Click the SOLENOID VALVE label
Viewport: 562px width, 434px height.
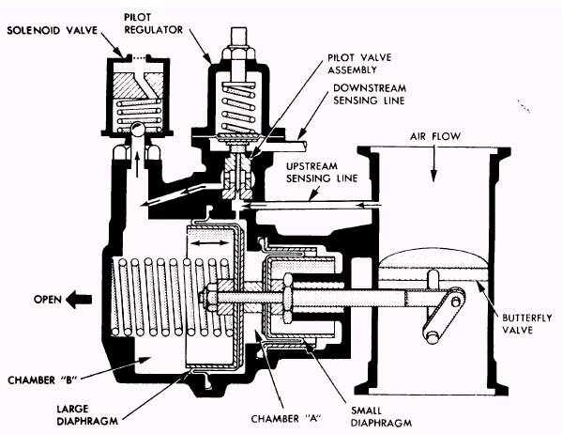(53, 30)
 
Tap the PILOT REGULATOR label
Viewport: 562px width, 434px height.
(154, 23)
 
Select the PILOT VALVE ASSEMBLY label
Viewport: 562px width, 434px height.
(359, 64)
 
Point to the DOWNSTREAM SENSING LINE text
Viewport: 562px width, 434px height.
(370, 94)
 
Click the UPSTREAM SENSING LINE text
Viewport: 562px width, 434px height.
(322, 172)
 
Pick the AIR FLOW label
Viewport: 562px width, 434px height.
(435, 136)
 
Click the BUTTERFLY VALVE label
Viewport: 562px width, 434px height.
(527, 324)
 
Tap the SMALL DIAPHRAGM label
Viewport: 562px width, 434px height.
(381, 417)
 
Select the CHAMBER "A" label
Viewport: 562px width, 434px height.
(285, 419)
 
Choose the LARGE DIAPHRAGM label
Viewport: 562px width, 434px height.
(87, 414)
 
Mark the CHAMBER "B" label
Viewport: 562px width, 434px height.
(42, 380)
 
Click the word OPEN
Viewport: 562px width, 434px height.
(48, 299)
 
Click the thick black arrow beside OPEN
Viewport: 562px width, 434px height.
(79, 299)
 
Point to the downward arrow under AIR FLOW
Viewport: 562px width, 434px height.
(433, 163)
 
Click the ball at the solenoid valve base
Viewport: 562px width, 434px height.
(137, 128)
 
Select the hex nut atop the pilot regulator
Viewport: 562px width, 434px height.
(238, 54)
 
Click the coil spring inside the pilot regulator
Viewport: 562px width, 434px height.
(238, 107)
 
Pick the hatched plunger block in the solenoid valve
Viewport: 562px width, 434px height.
(138, 85)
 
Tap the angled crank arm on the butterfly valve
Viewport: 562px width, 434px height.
(444, 314)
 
